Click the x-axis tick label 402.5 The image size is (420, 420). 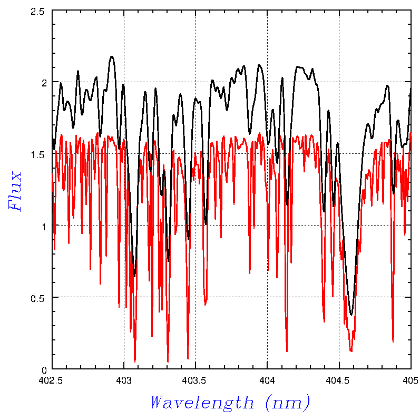click(52, 379)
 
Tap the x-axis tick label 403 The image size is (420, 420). click(124, 379)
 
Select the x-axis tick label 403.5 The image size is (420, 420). click(196, 379)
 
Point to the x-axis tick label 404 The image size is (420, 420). click(267, 379)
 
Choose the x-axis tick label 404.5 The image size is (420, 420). click(339, 379)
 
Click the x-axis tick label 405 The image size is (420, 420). click(410, 379)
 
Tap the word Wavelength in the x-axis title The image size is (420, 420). click(202, 403)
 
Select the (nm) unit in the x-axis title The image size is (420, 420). click(288, 403)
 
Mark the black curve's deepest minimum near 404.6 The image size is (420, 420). click(351, 315)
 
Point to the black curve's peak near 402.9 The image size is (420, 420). click(112, 56)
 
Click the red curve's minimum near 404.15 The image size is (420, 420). click(287, 351)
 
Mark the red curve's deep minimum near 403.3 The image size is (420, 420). click(168, 362)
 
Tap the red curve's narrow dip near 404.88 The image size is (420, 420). click(393, 341)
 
